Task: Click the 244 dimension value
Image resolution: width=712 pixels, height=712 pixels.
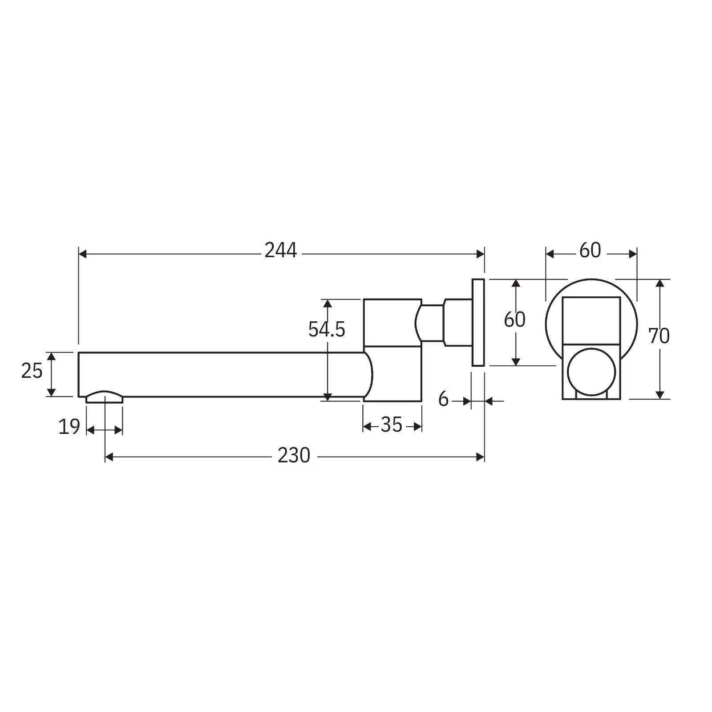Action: tap(280, 251)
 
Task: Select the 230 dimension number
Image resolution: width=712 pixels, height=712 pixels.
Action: tap(293, 456)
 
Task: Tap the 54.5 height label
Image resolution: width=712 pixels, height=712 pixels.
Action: tap(326, 330)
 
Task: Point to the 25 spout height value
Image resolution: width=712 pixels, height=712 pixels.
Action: tap(32, 371)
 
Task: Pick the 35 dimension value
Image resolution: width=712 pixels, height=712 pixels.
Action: tap(392, 425)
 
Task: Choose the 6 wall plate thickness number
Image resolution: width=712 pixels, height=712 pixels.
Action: tap(443, 400)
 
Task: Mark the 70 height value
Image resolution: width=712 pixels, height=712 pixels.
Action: tap(659, 336)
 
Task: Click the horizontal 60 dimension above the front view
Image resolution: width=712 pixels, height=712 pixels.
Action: tap(590, 251)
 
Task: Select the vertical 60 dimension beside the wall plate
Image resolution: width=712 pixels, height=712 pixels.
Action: tap(514, 320)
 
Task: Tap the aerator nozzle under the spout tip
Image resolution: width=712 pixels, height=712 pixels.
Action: tap(105, 397)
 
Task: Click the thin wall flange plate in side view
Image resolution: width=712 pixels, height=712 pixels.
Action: tap(478, 323)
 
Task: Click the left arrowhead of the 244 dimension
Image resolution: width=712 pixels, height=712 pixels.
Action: tap(82, 254)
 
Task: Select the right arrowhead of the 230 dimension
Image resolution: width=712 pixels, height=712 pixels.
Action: tap(480, 457)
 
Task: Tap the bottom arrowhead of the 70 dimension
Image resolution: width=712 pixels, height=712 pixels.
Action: tap(660, 395)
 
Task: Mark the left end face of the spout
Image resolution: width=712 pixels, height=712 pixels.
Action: tap(79, 374)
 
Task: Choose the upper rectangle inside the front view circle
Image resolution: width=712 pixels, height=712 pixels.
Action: tap(591, 320)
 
